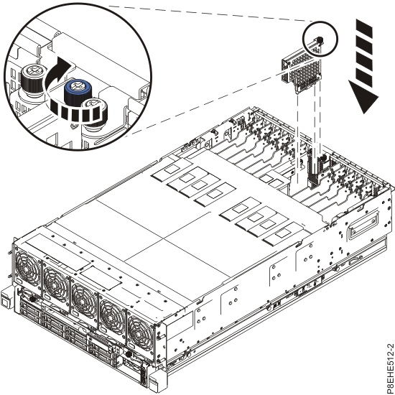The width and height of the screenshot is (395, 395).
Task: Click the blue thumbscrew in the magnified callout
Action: click(74, 91)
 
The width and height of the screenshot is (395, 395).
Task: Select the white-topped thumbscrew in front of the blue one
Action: click(93, 113)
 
